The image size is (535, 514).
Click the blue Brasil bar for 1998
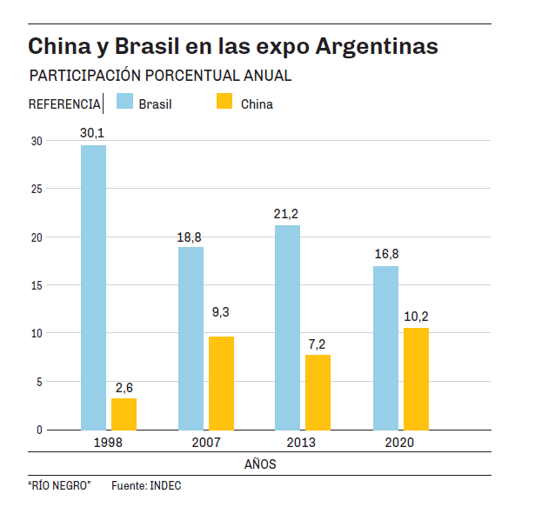pos(93,287)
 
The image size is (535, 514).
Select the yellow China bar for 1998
pos(124,414)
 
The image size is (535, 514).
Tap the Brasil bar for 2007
pos(191,338)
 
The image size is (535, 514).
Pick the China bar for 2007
pos(221,383)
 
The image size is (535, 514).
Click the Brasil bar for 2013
pos(287,327)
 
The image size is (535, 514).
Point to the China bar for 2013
pos(318,392)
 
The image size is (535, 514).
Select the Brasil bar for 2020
pos(385,348)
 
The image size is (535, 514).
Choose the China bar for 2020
pos(416,378)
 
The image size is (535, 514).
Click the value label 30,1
pos(92,133)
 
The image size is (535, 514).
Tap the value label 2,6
pos(124,387)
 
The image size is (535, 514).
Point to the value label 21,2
pos(287,214)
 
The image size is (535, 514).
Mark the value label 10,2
pos(416,317)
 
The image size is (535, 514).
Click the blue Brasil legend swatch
pos(123,102)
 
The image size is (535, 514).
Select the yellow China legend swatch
pos(224,102)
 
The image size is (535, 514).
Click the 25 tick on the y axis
pos(36,189)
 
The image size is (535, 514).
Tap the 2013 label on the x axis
pos(301,443)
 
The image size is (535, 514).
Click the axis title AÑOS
pos(260,464)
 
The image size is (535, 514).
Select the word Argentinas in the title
pos(375,46)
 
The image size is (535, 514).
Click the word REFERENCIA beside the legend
pos(64,104)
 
